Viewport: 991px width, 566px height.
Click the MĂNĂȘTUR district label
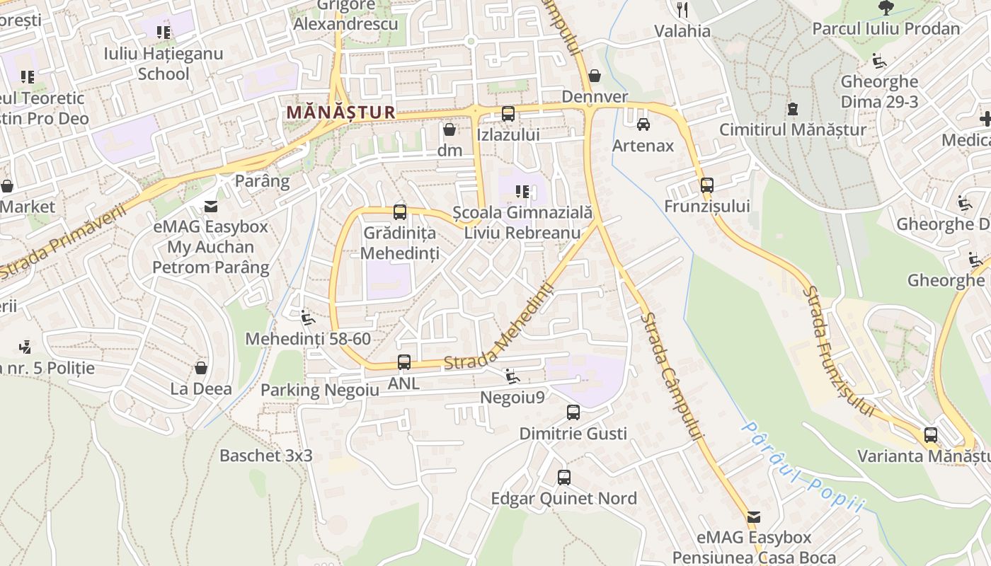tap(340, 112)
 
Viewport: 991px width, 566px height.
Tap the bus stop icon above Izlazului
tap(508, 113)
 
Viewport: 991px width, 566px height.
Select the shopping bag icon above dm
tap(449, 129)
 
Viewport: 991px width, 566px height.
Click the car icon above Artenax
tap(643, 125)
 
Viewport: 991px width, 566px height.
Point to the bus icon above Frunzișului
tap(706, 185)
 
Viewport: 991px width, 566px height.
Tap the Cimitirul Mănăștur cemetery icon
tap(793, 109)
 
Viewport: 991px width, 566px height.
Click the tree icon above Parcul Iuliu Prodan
tap(886, 8)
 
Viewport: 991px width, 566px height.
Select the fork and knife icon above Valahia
tap(682, 9)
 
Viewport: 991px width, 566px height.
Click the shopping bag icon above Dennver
tap(595, 76)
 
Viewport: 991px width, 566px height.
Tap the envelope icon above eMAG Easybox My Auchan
tap(211, 206)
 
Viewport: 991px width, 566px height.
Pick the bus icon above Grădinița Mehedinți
tap(400, 212)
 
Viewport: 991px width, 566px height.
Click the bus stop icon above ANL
tap(403, 362)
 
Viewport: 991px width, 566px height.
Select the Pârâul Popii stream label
tap(803, 466)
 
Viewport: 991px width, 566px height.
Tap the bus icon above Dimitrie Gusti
tap(573, 412)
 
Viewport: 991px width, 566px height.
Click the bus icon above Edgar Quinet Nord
tap(563, 478)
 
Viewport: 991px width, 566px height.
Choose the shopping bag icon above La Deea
tap(201, 368)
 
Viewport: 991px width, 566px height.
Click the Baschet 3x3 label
tap(265, 455)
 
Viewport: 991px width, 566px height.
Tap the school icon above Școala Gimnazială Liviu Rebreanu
tap(522, 191)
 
